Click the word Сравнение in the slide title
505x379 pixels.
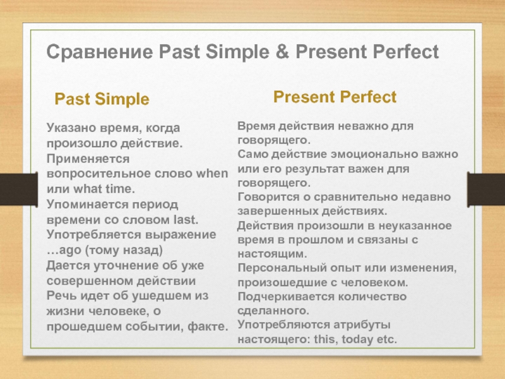(100, 52)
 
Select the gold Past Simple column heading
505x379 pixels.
(102, 99)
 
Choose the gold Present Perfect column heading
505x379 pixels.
(335, 97)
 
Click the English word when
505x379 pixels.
(212, 173)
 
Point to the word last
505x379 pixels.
(186, 219)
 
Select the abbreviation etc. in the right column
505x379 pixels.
(385, 339)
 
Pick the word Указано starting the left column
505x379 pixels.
(71, 128)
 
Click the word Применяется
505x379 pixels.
(88, 159)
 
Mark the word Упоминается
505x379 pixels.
(88, 204)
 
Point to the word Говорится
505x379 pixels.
(269, 197)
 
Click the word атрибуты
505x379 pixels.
(362, 325)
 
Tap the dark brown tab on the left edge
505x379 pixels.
(19, 189)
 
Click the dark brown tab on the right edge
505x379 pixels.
(486, 189)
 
